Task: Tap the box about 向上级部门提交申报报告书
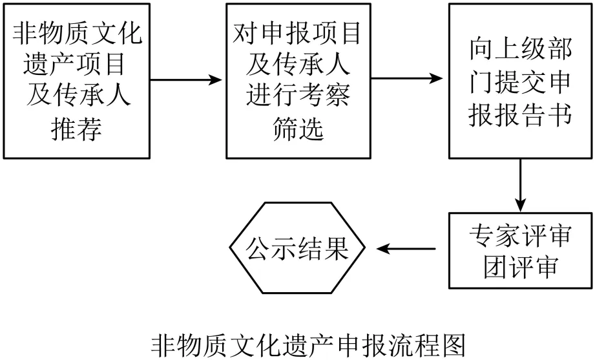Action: click(520, 80)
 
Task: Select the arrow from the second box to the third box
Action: click(408, 79)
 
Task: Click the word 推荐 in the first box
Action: click(77, 129)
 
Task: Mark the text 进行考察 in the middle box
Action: click(297, 97)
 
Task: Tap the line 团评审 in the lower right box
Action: click(520, 267)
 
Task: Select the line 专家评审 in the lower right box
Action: click(520, 235)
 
